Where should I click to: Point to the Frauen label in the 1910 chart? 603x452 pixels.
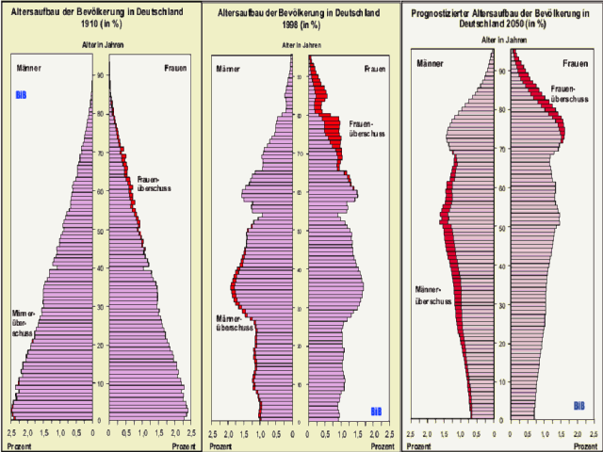[176, 68]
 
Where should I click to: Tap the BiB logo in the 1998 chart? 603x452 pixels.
[376, 411]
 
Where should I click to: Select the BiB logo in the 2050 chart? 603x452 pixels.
[579, 406]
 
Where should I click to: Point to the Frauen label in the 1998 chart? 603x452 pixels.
[375, 68]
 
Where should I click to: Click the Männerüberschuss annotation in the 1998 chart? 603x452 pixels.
[234, 322]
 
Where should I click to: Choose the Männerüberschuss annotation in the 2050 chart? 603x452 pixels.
[433, 295]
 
